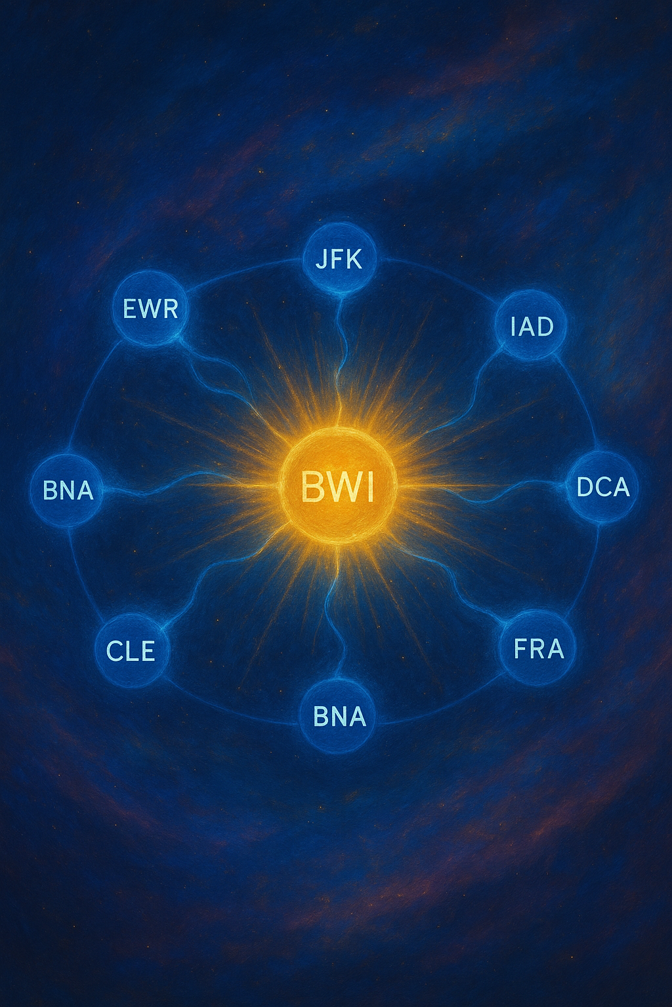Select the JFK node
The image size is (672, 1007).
pyautogui.click(x=339, y=258)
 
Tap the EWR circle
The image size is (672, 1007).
pyautogui.click(x=150, y=308)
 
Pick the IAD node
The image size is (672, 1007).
pyautogui.click(x=532, y=325)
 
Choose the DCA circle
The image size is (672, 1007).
pyautogui.click(x=602, y=487)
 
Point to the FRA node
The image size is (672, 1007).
pyautogui.click(x=538, y=648)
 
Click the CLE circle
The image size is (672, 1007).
pyautogui.click(x=131, y=650)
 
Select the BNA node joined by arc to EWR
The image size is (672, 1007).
pyautogui.click(x=68, y=490)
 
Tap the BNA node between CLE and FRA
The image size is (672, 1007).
pyautogui.click(x=339, y=716)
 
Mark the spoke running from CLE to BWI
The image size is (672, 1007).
pyautogui.click(x=210, y=577)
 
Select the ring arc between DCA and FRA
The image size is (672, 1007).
pyautogui.click(x=587, y=577)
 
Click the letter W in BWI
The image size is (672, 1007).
pyautogui.click(x=337, y=487)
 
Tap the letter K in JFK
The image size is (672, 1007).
pyautogui.click(x=354, y=259)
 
